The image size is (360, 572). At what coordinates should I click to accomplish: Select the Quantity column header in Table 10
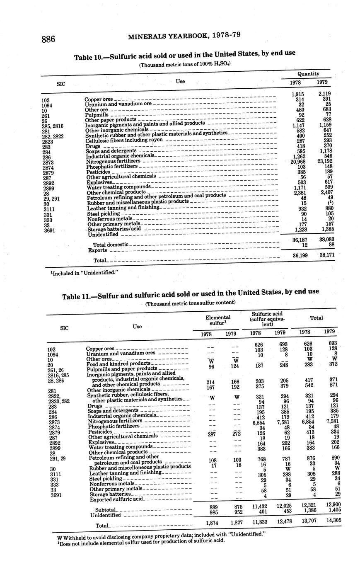(x=308, y=73)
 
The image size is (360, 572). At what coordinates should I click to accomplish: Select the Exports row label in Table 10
(x=98, y=250)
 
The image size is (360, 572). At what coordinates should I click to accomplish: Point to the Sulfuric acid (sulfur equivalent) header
(x=268, y=320)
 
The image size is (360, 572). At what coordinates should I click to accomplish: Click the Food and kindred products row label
(x=118, y=364)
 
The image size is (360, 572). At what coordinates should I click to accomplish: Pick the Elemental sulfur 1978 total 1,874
(x=212, y=523)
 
